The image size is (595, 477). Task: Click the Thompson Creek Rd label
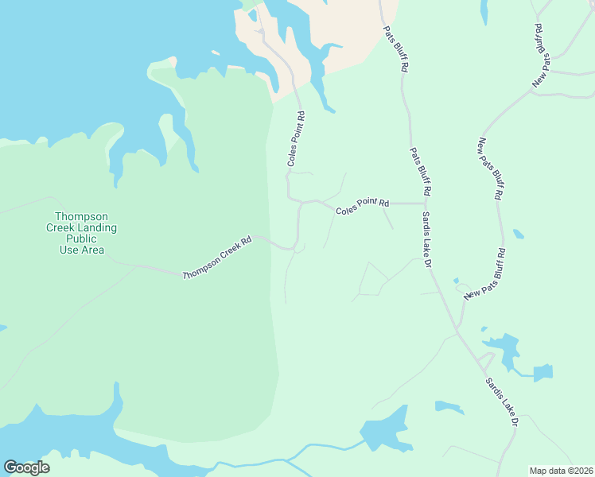216,258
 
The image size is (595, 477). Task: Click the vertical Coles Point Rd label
295,138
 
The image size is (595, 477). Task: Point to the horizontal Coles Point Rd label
362,207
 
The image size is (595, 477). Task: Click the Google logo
26,467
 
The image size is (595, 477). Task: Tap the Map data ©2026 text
561,471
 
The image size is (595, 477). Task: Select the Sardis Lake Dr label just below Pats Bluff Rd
426,239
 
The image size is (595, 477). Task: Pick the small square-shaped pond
542,373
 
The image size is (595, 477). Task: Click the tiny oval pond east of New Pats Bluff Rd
519,235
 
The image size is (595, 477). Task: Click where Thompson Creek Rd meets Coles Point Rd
297,249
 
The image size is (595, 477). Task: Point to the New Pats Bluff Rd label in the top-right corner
539,56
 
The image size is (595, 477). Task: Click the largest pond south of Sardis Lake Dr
386,431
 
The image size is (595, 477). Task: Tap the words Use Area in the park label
81,250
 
